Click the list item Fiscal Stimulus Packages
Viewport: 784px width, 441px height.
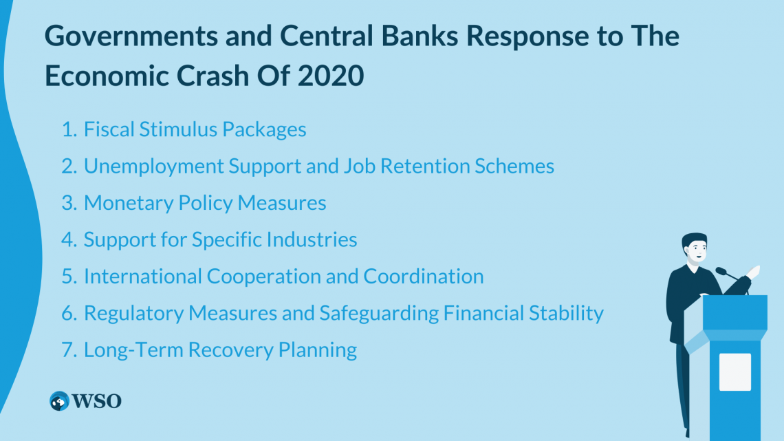pos(195,129)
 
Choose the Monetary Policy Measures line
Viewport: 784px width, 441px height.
pos(205,203)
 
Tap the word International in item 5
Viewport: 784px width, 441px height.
pos(145,276)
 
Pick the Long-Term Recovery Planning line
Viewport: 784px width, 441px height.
pos(220,349)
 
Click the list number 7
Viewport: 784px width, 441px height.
pos(68,349)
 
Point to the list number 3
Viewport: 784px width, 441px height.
pos(68,203)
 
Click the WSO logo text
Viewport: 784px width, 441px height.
pos(97,401)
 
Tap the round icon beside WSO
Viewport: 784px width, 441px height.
pos(60,401)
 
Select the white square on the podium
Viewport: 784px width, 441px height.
pos(734,372)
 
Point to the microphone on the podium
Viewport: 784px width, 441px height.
pos(722,271)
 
